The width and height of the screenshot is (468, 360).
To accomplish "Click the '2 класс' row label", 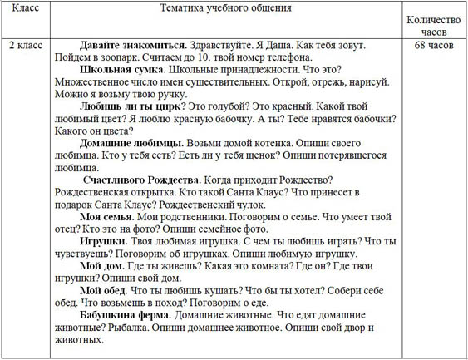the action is (x=26, y=43).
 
